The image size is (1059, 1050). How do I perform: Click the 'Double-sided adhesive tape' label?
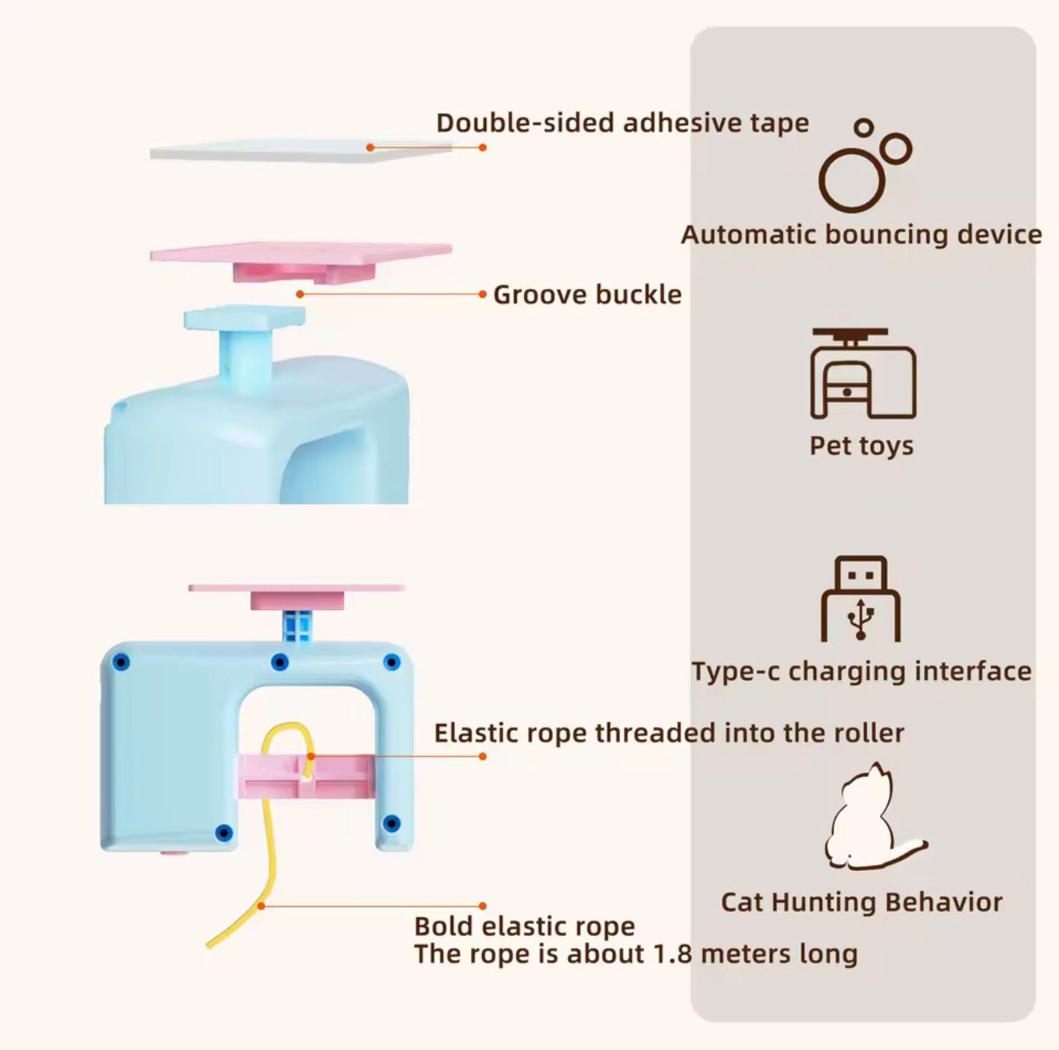[623, 123]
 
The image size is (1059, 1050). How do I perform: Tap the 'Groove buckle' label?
[586, 295]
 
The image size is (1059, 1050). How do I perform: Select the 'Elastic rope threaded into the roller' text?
[668, 733]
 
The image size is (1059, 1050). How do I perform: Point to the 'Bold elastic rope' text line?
[524, 926]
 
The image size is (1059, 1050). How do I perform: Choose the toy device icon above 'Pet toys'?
[862, 372]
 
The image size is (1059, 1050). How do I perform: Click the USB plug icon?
[861, 599]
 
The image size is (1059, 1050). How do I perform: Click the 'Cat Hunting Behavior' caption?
[861, 902]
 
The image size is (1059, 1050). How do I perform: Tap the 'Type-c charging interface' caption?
[861, 671]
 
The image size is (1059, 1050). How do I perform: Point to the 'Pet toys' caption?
[861, 446]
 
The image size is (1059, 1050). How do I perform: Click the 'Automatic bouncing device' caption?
[861, 234]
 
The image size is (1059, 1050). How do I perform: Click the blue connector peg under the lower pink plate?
[297, 625]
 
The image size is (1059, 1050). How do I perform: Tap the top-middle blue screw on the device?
[279, 662]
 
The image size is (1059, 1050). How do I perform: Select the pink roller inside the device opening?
[305, 776]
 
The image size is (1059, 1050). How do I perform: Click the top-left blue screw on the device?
[121, 662]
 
